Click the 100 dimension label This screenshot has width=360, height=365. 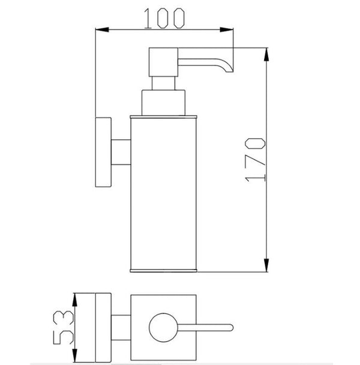click(164, 19)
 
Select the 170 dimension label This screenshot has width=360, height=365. click(255, 160)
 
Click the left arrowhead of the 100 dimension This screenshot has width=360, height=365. click(102, 29)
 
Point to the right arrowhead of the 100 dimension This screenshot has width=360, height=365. click(226, 29)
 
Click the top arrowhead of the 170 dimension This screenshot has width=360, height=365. click(266, 55)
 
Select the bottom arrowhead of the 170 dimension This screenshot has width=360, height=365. click(266, 265)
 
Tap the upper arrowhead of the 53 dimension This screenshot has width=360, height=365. click(74, 300)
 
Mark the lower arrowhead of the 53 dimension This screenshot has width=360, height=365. click(74, 355)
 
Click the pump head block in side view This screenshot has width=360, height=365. click(163, 62)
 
